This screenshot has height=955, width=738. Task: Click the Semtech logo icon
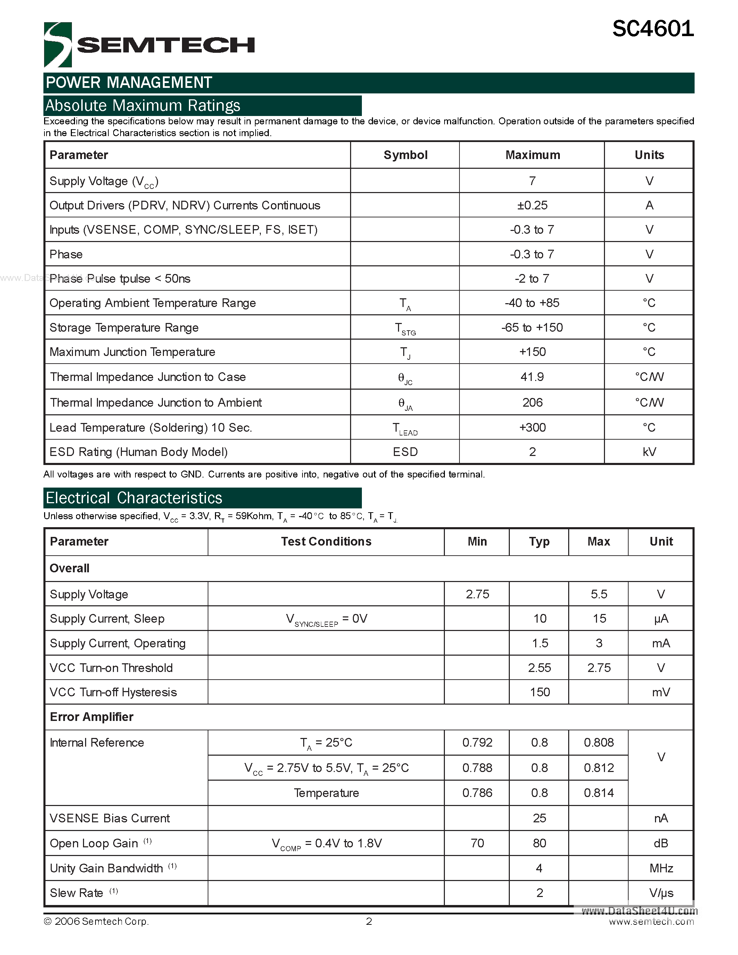(58, 44)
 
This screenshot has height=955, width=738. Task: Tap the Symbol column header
(405, 155)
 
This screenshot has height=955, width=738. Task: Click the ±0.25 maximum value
(532, 206)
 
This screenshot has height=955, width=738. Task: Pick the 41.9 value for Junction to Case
(532, 377)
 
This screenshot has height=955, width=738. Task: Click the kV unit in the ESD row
(649, 452)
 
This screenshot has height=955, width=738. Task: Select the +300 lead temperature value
(532, 427)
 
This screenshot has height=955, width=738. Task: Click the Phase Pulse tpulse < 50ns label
(120, 279)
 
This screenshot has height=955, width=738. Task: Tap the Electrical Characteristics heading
(134, 498)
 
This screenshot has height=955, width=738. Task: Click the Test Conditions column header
(326, 542)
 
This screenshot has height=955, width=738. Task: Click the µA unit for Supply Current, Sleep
(661, 619)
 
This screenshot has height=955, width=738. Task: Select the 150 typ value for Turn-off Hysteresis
(539, 692)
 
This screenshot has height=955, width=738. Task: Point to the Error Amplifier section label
(92, 717)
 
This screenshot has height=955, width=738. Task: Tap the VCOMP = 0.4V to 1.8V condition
(326, 844)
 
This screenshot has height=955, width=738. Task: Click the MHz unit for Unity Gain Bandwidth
(661, 869)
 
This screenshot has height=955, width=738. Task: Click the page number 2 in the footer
(369, 922)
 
